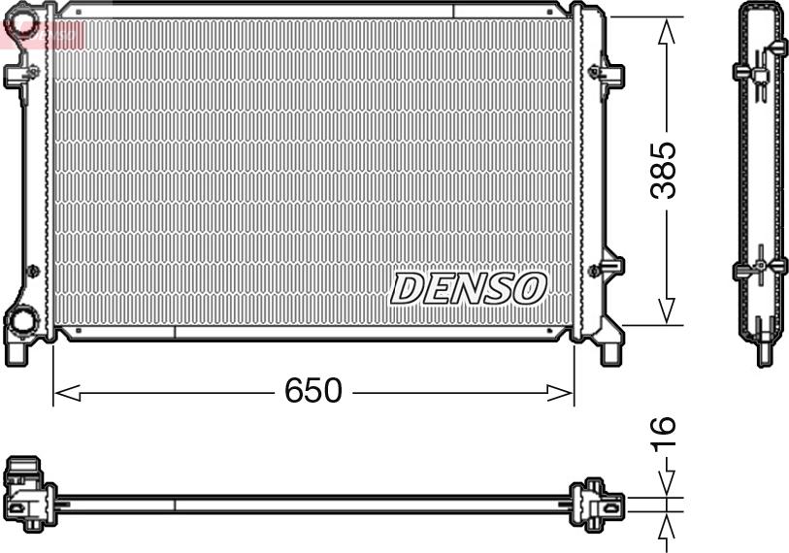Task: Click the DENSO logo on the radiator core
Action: [469, 287]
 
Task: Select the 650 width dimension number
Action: [312, 391]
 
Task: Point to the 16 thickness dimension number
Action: [662, 435]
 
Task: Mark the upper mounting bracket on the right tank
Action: [608, 71]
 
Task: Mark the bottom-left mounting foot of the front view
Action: [16, 351]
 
